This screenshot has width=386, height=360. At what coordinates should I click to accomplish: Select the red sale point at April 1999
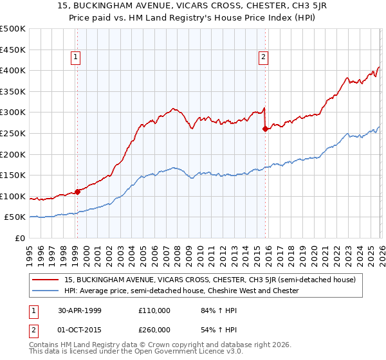click(x=77, y=192)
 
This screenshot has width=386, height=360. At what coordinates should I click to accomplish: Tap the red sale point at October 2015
click(x=265, y=129)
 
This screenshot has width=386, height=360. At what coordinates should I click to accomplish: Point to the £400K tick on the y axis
click(x=13, y=70)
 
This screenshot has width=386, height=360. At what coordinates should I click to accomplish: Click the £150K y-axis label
click(x=13, y=175)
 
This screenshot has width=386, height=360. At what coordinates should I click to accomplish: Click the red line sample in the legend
click(x=46, y=280)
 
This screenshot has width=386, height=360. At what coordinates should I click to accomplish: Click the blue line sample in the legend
click(x=46, y=291)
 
